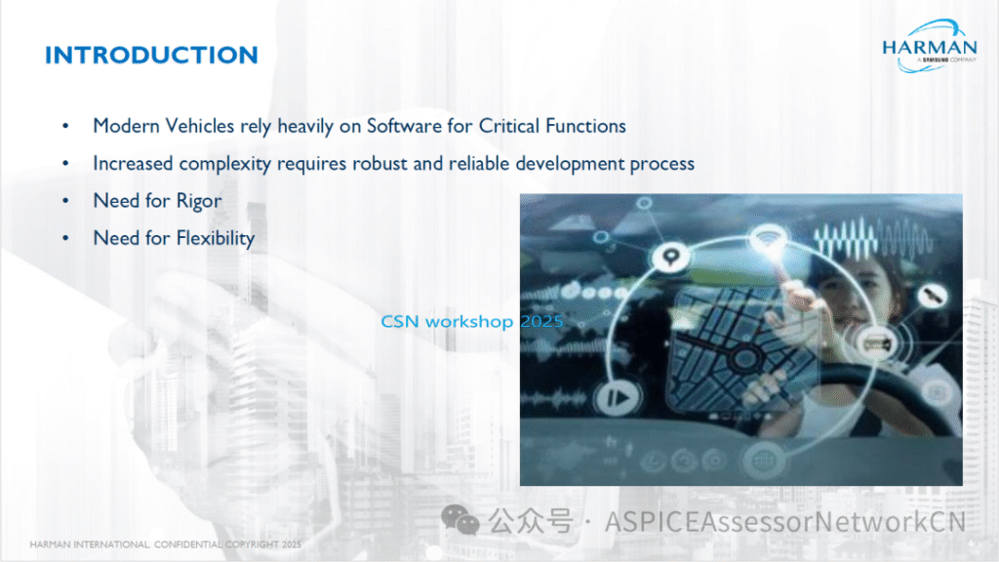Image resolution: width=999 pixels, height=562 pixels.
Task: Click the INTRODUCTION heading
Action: click(151, 56)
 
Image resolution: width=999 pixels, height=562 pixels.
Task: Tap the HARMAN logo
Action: click(930, 46)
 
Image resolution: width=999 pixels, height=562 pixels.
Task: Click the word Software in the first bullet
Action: click(405, 126)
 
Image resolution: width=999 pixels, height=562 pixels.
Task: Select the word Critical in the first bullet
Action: click(508, 126)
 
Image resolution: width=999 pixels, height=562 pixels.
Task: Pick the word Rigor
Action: click(199, 201)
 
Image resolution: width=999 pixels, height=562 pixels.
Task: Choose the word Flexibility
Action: click(216, 238)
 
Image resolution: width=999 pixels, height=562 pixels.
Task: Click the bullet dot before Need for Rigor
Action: click(65, 201)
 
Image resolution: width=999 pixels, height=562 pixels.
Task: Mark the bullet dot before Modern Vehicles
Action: click(65, 126)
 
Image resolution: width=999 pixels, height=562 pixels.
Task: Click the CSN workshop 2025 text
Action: click(471, 321)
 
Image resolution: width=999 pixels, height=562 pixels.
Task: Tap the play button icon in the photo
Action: click(617, 398)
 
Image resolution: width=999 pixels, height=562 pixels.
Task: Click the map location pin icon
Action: click(669, 257)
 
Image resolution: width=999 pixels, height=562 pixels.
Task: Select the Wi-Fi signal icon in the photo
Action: click(769, 238)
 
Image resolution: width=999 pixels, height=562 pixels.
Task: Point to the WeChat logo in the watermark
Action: click(460, 520)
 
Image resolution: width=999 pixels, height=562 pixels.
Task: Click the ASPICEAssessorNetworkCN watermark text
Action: click(785, 522)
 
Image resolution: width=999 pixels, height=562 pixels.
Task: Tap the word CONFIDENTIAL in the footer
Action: click(188, 544)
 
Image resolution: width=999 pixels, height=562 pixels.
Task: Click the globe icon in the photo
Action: click(763, 461)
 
